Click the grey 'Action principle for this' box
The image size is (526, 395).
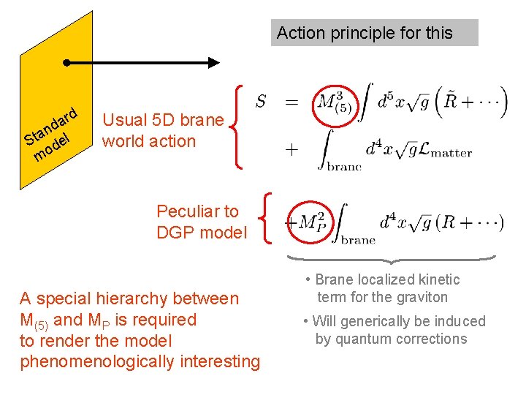[374, 33]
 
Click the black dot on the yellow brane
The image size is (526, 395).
[66, 63]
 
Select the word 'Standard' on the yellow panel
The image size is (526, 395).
[50, 126]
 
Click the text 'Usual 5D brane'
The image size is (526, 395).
[163, 120]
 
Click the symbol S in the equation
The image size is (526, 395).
[260, 102]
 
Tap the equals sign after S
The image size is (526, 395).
[291, 103]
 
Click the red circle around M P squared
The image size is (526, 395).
[313, 222]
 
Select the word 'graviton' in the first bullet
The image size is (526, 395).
[422, 297]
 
